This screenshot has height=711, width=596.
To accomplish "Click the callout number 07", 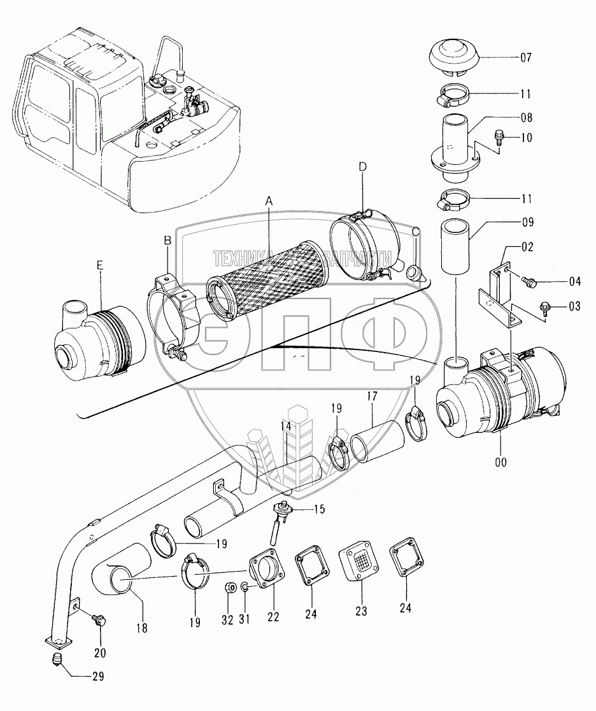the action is [x=526, y=57].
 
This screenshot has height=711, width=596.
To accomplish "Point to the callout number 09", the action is [x=527, y=222].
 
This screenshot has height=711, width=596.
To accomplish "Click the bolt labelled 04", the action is [x=529, y=281].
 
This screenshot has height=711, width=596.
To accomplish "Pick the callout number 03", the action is [x=574, y=306].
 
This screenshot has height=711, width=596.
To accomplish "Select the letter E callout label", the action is [x=100, y=265].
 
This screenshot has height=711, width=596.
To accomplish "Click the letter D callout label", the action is [x=362, y=167].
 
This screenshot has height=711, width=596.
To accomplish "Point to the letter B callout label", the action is [x=167, y=241].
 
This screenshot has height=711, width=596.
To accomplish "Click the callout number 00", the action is [x=500, y=462].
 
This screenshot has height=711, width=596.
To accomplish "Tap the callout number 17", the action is [x=372, y=397].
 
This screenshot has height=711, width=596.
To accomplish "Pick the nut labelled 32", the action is [x=230, y=588].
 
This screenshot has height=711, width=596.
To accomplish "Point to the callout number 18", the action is [x=142, y=628].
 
